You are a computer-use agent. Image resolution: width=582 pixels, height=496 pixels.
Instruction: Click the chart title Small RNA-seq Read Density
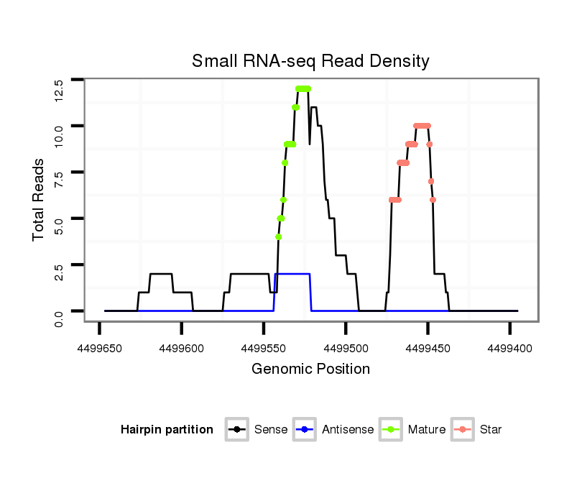point(310,61)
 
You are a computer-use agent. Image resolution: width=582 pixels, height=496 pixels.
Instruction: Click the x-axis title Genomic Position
point(310,369)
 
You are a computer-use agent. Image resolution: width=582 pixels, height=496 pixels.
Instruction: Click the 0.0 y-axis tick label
point(59,317)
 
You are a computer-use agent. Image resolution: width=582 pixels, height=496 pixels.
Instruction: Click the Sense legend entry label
point(271,430)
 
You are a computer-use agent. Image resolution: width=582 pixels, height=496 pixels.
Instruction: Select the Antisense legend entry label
point(348,430)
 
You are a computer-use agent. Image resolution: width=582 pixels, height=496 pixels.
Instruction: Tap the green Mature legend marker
point(391,430)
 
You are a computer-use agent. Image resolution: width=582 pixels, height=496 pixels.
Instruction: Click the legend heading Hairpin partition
point(167,430)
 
